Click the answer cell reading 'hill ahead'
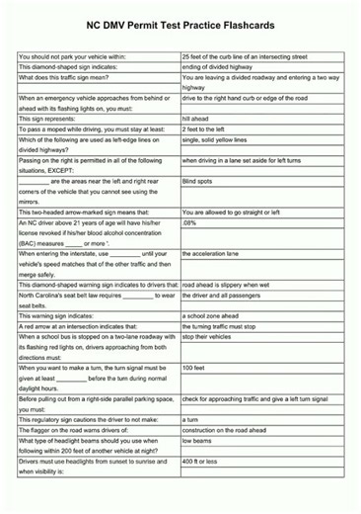coord(200,119)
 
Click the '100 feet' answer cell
coord(194,368)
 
